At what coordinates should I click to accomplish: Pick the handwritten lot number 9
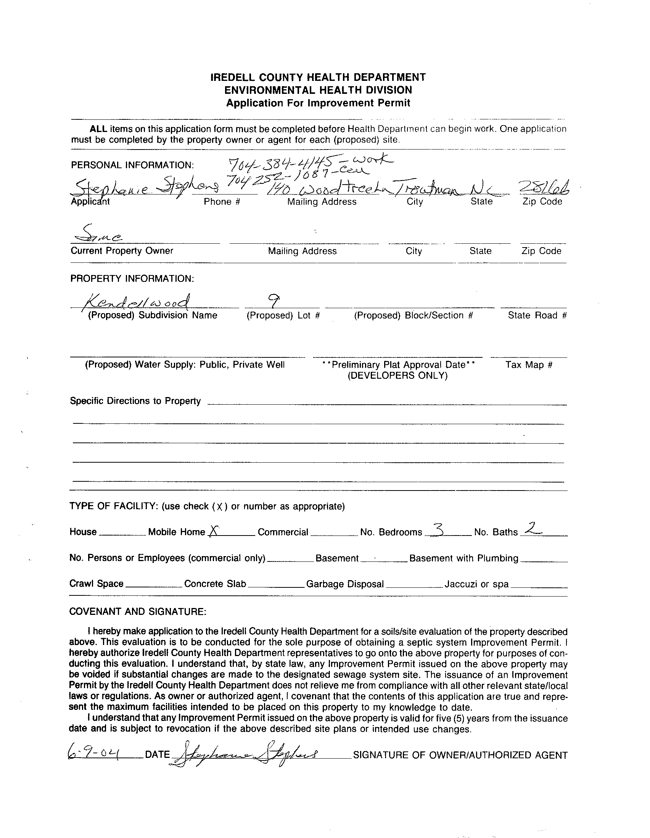pyautogui.click(x=274, y=301)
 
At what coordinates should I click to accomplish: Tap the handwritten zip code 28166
pyautogui.click(x=544, y=188)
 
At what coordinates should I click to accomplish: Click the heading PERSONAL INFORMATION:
pyautogui.click(x=132, y=165)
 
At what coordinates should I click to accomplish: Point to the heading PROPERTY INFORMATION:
pyautogui.click(x=132, y=278)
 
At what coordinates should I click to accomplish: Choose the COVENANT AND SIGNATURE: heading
pyautogui.click(x=138, y=611)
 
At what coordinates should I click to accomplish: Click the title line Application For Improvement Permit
pyautogui.click(x=318, y=103)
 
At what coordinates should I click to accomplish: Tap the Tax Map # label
pyautogui.click(x=529, y=365)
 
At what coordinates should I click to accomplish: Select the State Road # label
pyautogui.click(x=537, y=315)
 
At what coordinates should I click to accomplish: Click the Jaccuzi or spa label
pyautogui.click(x=476, y=584)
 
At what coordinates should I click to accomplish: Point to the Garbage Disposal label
pyautogui.click(x=345, y=584)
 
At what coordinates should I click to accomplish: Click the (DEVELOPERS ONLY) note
pyautogui.click(x=397, y=375)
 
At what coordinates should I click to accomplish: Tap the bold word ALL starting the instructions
pyautogui.click(x=99, y=129)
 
